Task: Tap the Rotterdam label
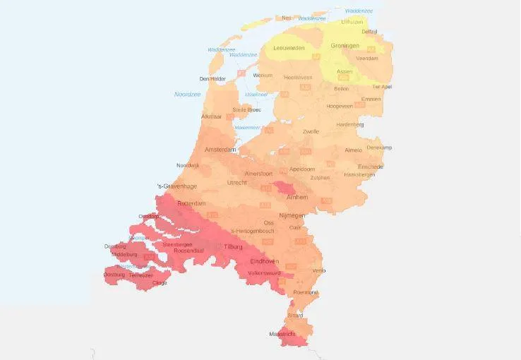click(x=191, y=203)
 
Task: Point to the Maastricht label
click(x=282, y=334)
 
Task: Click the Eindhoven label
click(x=265, y=261)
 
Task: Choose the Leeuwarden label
click(x=289, y=48)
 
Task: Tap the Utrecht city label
click(x=237, y=182)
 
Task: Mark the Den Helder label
click(x=212, y=79)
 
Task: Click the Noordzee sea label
click(x=187, y=94)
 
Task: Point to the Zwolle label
click(x=311, y=131)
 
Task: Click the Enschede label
click(x=371, y=167)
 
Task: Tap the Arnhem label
click(x=297, y=198)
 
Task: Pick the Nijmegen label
click(x=292, y=215)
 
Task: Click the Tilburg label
click(x=233, y=248)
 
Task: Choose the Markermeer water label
click(x=248, y=127)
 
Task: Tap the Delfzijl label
click(x=371, y=32)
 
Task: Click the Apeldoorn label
click(x=302, y=169)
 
